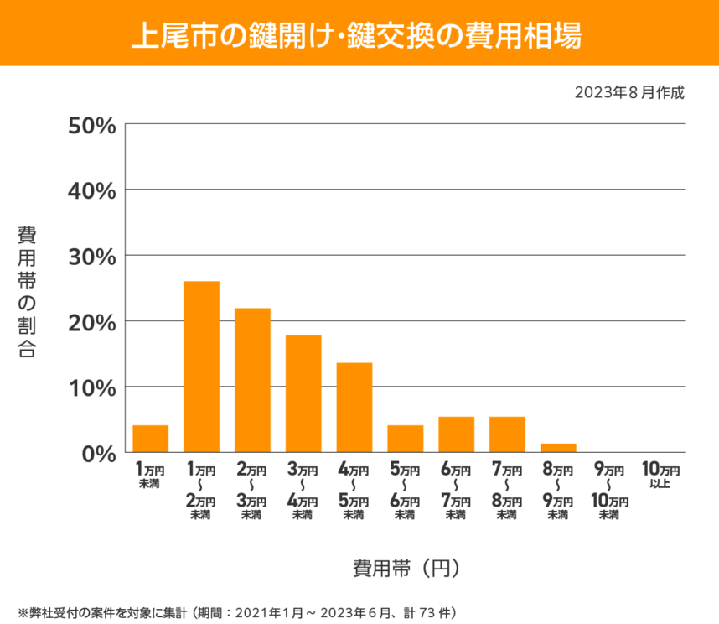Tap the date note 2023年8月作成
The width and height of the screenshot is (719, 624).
629,92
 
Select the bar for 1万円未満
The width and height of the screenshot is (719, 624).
151,439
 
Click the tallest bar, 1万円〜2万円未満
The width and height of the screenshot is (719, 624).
201,367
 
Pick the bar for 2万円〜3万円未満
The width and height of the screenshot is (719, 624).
252,380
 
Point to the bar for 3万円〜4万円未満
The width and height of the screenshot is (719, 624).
303,393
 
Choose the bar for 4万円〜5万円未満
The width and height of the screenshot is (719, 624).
354,408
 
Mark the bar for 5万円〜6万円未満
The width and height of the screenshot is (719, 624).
405,439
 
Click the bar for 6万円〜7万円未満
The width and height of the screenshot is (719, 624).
456,434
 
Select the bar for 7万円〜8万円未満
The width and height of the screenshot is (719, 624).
507,434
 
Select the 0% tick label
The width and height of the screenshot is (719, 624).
97,453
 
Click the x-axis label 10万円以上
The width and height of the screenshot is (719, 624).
660,475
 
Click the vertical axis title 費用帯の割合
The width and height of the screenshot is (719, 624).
27,292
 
